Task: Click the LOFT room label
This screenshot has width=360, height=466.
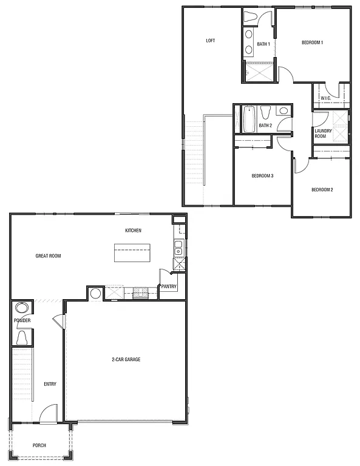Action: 211,41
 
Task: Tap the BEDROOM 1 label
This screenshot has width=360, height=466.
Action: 312,42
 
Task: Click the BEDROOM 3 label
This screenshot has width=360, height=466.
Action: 262,176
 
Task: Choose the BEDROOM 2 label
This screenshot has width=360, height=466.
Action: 322,190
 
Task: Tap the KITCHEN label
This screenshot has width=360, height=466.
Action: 134,231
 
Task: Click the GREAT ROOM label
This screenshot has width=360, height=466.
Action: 48,256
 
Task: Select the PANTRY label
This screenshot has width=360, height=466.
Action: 169,286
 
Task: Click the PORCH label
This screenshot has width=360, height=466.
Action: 39,445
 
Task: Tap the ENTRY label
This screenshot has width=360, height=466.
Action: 50,383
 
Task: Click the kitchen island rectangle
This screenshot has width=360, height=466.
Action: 132,253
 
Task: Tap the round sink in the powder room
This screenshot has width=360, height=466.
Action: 21,308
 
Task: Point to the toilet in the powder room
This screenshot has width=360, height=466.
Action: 21,337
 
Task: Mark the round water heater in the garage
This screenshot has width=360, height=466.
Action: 96,294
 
